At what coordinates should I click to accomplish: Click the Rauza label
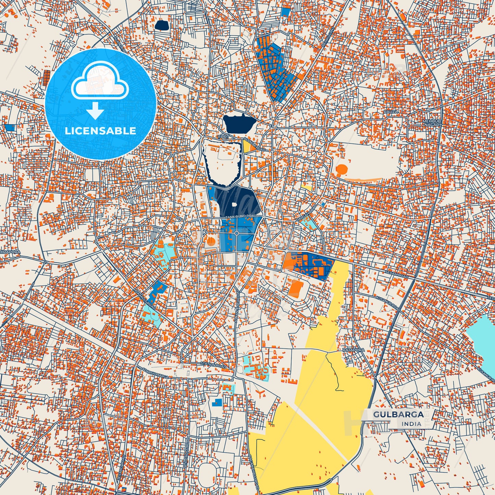pyautogui.click(x=391, y=112)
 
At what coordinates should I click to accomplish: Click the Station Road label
pyautogui.click(x=213, y=365)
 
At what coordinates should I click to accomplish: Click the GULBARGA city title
pyautogui.click(x=398, y=414)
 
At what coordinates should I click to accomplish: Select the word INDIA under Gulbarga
pyautogui.click(x=412, y=424)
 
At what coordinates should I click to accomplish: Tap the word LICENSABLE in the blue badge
pyautogui.click(x=100, y=131)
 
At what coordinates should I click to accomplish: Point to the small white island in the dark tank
pyautogui.click(x=234, y=205)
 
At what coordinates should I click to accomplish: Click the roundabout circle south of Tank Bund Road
pyautogui.click(x=236, y=234)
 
